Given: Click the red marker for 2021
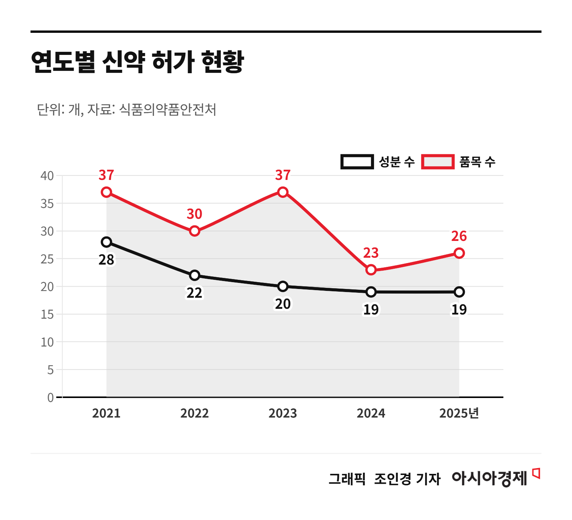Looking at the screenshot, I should (x=106, y=192).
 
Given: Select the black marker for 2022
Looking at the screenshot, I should (x=194, y=275).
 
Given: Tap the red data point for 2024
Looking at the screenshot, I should (x=371, y=270).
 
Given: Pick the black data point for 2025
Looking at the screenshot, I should (x=459, y=292).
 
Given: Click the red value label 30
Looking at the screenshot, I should (x=194, y=214).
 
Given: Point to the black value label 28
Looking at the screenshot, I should (x=106, y=260).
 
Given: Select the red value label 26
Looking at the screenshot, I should (x=459, y=236).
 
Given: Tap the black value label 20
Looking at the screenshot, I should (x=283, y=304).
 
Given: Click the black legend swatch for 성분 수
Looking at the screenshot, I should (x=357, y=162).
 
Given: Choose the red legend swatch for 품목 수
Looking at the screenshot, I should (x=438, y=162).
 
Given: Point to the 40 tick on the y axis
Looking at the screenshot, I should (x=47, y=176).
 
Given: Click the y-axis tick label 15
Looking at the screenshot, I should (x=47, y=315).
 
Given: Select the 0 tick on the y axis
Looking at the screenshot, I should (x=50, y=398).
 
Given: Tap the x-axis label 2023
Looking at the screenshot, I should (x=283, y=413).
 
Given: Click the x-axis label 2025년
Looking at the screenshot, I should (x=459, y=413).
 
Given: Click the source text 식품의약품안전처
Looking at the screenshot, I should (x=167, y=110).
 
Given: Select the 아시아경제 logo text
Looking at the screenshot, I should (x=489, y=478).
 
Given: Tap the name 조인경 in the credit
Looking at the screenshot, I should (x=392, y=479).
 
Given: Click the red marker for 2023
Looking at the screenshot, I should (x=283, y=192).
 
